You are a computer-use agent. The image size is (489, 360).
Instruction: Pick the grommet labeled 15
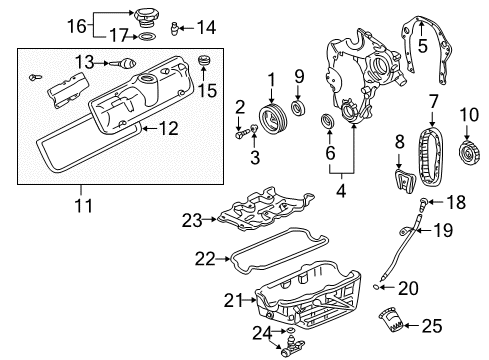pos(206,64)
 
